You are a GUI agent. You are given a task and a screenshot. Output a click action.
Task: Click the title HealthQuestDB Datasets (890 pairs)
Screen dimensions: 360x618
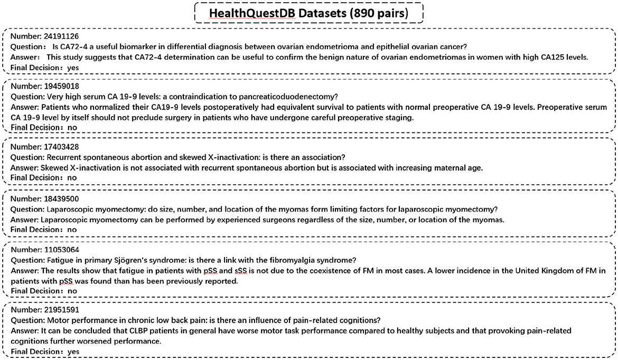click(x=308, y=13)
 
